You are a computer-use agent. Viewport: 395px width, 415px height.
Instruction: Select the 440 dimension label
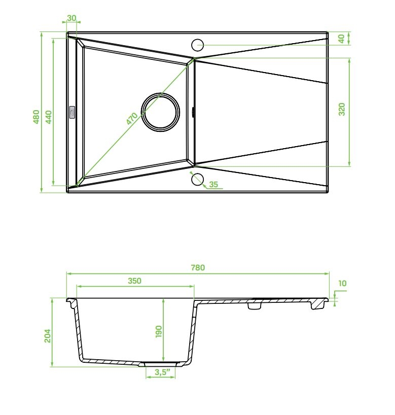[49, 117]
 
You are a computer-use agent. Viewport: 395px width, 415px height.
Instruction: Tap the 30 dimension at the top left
[71, 18]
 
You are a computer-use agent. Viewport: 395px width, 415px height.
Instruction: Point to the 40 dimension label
[342, 39]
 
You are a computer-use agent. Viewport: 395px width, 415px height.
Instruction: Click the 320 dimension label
[342, 109]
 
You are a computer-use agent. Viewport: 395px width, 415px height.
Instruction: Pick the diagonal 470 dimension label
[132, 119]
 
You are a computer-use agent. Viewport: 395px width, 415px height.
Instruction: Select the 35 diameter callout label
[213, 184]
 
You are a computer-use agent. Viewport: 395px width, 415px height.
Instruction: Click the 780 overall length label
[198, 267]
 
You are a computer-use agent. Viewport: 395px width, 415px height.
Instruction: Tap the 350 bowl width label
[135, 281]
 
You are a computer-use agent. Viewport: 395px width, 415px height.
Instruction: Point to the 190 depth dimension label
[159, 332]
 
